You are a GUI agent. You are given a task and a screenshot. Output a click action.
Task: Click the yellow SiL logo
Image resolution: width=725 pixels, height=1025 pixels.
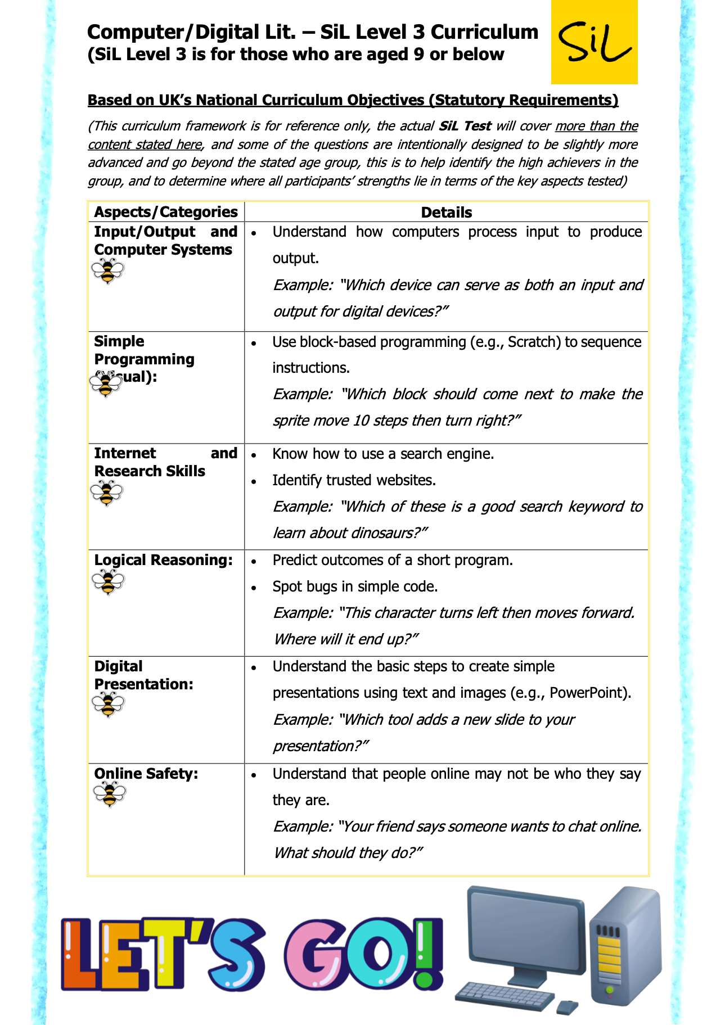594,42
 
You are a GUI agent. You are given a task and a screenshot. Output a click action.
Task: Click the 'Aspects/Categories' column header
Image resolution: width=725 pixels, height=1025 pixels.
165,212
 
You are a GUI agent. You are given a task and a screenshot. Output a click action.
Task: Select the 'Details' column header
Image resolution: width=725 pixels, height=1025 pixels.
446,212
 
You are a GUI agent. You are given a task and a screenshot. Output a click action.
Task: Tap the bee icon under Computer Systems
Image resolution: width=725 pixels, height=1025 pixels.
107,271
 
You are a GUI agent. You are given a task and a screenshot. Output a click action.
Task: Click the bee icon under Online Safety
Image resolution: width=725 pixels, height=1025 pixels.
110,794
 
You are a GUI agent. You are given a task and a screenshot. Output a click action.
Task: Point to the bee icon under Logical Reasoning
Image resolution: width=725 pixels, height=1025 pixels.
108,582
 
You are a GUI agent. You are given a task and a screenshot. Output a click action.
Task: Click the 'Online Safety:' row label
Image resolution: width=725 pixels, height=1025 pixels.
146,774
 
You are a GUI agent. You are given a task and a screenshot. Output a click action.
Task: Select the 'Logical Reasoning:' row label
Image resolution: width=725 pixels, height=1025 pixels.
163,560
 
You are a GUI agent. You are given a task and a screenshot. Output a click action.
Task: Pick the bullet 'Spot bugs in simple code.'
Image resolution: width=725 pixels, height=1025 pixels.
355,586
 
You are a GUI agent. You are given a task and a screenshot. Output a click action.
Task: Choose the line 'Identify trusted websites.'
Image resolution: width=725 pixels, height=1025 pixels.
354,480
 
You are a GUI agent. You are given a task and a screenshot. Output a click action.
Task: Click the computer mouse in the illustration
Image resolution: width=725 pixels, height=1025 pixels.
567,1006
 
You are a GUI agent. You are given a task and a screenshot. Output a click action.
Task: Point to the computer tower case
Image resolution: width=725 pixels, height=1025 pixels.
625,944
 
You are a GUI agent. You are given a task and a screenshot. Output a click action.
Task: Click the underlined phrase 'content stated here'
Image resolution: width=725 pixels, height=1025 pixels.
145,145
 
